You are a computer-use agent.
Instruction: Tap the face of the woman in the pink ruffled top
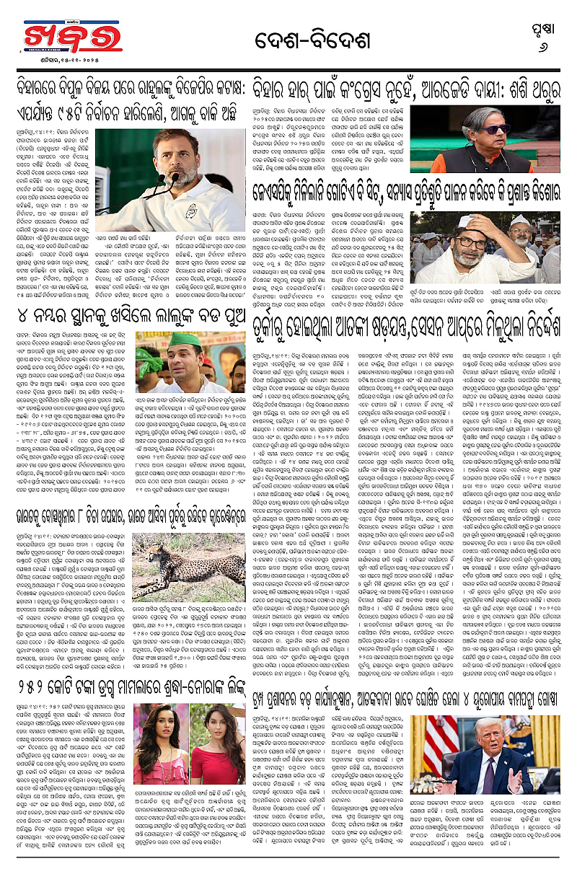169,724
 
